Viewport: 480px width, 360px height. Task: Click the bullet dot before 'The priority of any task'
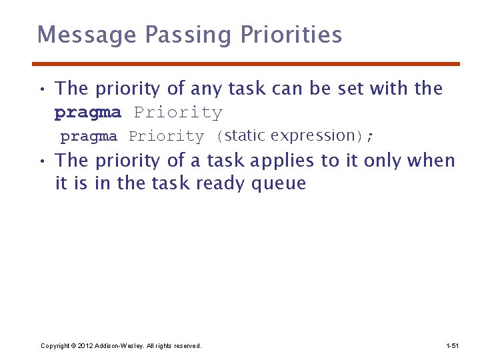tap(41, 89)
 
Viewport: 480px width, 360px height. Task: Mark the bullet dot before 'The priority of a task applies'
tap(41, 161)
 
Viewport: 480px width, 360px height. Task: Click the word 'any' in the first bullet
tap(206, 89)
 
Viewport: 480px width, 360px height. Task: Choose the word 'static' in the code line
tap(245, 135)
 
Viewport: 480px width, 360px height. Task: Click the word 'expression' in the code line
tap(313, 136)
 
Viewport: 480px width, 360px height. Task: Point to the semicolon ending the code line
tap(370, 137)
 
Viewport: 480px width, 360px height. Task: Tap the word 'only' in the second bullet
tap(382, 161)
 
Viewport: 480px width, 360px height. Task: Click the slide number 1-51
tap(452, 346)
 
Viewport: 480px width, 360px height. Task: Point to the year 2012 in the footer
tap(85, 346)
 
